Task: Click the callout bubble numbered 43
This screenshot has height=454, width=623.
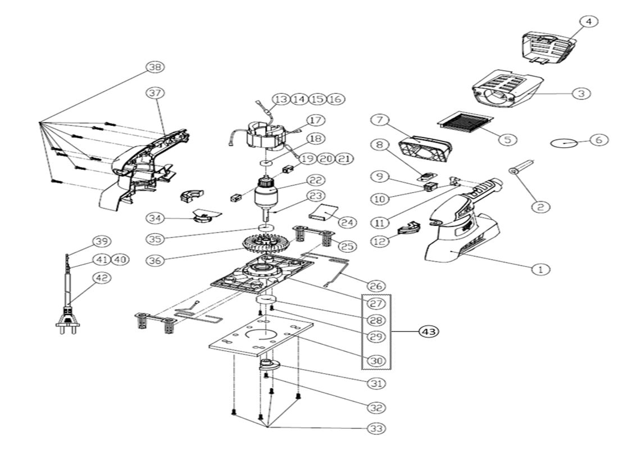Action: coord(429,332)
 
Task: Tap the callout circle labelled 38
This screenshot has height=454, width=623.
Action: coord(154,67)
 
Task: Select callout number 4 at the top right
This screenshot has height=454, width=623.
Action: coord(588,21)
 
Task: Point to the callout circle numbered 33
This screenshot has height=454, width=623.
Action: coord(376,429)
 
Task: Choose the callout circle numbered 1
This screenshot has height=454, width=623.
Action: coord(540,269)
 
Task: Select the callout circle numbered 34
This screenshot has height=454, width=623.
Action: coord(155,217)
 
